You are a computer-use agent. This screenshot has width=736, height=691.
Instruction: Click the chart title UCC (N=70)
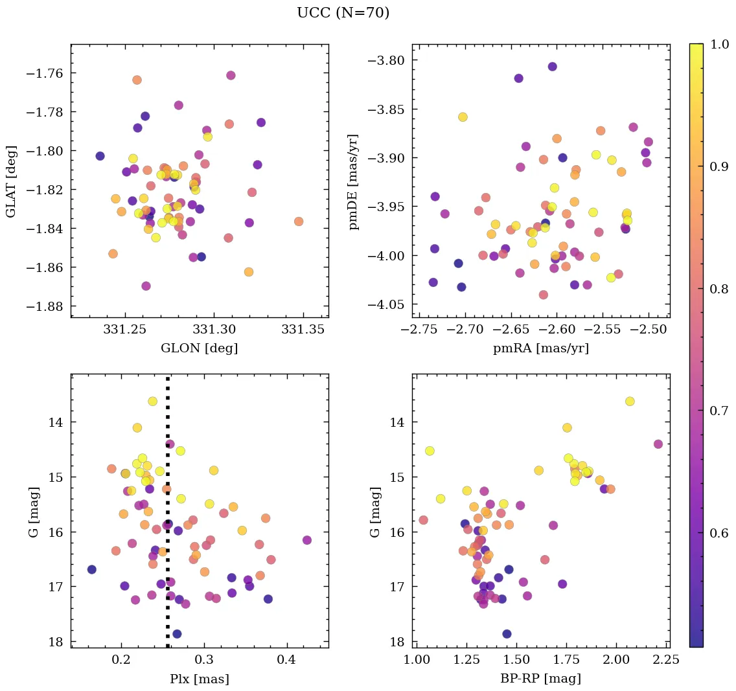(x=343, y=13)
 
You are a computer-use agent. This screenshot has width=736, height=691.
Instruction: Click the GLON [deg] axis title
(x=199, y=348)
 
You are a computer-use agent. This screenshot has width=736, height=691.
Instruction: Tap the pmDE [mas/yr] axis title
(x=353, y=182)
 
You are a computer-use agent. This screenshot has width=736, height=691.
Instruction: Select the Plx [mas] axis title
(x=199, y=679)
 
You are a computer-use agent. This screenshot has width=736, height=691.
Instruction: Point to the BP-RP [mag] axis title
(x=541, y=679)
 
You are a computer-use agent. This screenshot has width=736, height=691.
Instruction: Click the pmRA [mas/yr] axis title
(x=541, y=348)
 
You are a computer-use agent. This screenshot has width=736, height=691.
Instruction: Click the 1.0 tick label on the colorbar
(x=720, y=44)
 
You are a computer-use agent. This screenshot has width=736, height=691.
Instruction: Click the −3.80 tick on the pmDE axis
(x=385, y=61)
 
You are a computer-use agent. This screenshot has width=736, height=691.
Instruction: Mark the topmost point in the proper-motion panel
(x=552, y=67)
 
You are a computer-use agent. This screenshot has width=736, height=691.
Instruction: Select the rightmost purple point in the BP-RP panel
(x=658, y=444)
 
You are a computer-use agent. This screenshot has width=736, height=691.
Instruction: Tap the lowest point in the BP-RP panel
(x=507, y=634)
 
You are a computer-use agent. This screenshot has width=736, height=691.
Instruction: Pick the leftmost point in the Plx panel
(x=92, y=569)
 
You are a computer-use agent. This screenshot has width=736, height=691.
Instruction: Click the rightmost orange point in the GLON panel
(x=298, y=221)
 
